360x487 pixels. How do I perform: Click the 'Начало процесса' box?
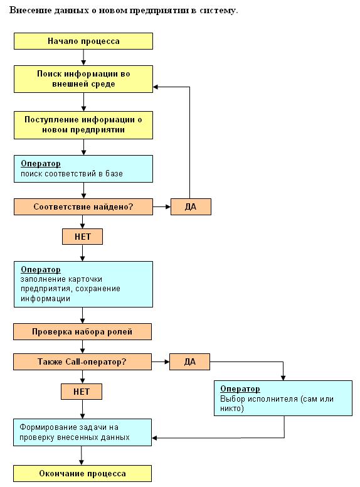[83, 41]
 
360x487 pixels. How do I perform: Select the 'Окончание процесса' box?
[82, 473]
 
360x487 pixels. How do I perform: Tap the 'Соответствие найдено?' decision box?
[83, 207]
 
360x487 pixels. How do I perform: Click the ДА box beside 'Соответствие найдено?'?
[191, 207]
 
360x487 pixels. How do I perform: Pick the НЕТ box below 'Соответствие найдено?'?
[82, 237]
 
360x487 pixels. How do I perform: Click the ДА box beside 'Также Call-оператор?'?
[189, 361]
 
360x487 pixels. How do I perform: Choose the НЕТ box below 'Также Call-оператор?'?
[82, 392]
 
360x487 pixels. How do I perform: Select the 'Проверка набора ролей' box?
[82, 332]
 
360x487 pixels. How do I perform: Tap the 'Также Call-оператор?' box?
[82, 361]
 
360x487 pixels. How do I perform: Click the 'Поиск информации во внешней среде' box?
[83, 79]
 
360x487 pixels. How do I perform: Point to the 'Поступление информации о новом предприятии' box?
[83, 125]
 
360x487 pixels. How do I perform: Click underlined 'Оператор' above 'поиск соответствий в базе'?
[41, 164]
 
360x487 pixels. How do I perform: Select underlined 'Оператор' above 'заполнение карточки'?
[41, 270]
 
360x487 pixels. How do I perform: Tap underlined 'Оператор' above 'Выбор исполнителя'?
[240, 389]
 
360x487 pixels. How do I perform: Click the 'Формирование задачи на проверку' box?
[82, 432]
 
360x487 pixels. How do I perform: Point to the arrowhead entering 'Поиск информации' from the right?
[156, 87]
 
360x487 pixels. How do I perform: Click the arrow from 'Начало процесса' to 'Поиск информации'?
[83, 57]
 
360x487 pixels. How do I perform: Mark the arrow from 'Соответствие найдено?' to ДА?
[162, 207]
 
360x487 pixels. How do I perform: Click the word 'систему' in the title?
[218, 11]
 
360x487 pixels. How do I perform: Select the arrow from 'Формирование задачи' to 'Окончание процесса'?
[82, 456]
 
